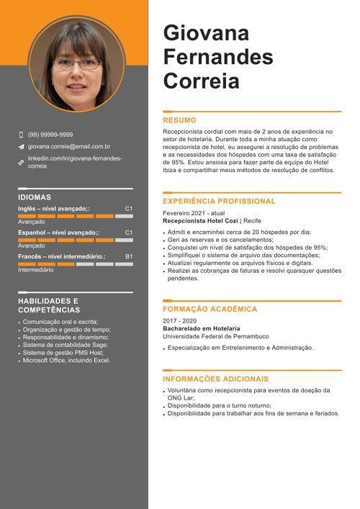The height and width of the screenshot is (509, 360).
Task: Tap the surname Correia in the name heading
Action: (202, 81)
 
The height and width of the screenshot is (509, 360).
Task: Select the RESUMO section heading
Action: (179, 120)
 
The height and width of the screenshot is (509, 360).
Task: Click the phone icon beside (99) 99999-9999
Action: (21, 135)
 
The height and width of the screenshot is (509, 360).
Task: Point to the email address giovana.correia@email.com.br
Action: (69, 146)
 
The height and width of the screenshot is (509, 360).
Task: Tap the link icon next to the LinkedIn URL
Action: (21, 162)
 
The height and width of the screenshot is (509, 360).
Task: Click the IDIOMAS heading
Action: (35, 197)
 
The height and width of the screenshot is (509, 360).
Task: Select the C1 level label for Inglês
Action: (129, 208)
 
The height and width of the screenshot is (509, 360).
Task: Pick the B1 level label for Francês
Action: (129, 256)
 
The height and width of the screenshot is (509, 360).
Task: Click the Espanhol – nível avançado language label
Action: (58, 233)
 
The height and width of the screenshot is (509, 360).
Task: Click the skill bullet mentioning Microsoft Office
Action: (66, 360)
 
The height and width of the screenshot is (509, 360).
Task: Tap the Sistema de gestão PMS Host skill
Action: (63, 353)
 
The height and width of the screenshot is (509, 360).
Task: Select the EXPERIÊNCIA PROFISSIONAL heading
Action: (219, 202)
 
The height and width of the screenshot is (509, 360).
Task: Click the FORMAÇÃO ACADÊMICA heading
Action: (210, 309)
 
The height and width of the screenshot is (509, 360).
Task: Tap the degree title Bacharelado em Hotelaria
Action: (201, 328)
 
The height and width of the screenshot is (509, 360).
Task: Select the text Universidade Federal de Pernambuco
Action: (215, 336)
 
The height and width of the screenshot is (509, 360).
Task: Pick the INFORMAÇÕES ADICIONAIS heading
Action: (215, 379)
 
